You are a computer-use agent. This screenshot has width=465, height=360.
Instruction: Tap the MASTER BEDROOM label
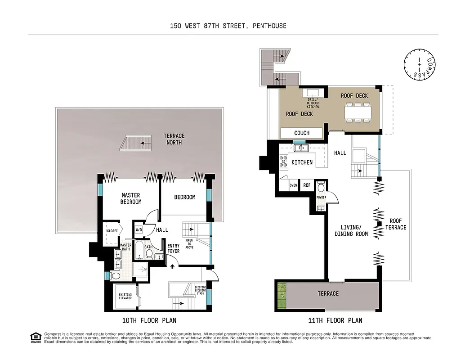point(130,198)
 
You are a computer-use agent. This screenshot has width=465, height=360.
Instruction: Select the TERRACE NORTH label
point(174,139)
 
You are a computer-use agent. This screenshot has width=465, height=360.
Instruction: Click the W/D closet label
point(139,230)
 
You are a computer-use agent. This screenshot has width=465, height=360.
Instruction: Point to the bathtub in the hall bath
point(139,251)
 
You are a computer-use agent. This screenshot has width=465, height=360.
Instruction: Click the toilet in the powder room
point(321,187)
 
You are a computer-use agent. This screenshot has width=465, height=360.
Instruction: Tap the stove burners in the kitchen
point(283,161)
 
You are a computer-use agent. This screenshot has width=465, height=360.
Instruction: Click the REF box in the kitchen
point(307,185)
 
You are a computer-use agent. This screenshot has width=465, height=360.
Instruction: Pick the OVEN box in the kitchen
point(293,185)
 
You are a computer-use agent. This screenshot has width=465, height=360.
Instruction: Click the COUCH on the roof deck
point(302,133)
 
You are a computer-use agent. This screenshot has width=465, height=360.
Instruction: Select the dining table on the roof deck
point(358,112)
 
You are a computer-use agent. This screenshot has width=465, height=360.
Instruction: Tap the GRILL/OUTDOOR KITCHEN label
point(313,103)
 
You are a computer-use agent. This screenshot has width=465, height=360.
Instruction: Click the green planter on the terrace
point(282,296)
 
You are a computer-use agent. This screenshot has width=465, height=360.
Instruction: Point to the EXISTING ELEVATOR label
point(125,297)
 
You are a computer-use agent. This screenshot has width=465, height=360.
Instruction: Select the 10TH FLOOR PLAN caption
point(149,320)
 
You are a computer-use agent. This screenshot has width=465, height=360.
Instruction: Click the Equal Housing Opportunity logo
point(35,337)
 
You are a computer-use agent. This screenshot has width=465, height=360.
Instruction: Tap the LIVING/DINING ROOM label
point(351,230)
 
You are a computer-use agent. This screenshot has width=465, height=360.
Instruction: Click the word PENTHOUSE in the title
point(268,26)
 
